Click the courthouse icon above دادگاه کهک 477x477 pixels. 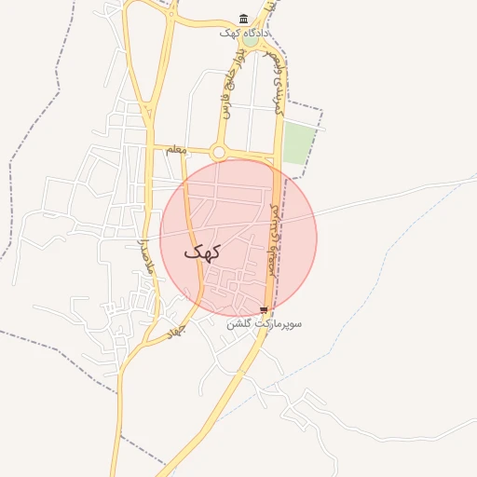[244, 19]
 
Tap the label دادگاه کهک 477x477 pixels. [244, 33]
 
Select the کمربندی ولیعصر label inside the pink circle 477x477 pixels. [273, 238]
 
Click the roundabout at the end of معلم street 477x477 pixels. [219, 152]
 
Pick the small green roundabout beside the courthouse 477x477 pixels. [252, 40]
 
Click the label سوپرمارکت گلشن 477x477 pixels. [265, 324]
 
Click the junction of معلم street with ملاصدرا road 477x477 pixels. [150, 147]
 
